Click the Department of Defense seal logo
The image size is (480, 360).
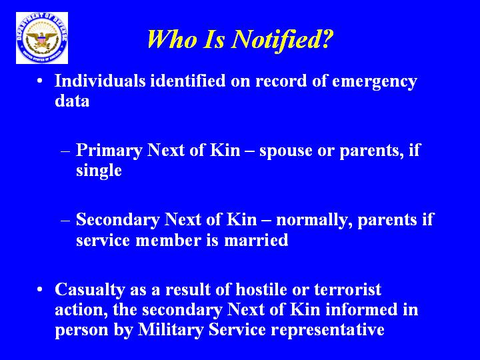[42, 38]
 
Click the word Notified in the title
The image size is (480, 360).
[281, 39]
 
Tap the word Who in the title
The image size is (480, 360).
[172, 39]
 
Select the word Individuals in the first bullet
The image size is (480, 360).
[100, 81]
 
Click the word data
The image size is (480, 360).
[72, 101]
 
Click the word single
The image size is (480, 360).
[99, 171]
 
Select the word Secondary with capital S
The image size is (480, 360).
[117, 220]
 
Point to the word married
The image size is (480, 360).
[256, 240]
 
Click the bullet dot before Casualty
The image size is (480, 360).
[39, 289]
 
